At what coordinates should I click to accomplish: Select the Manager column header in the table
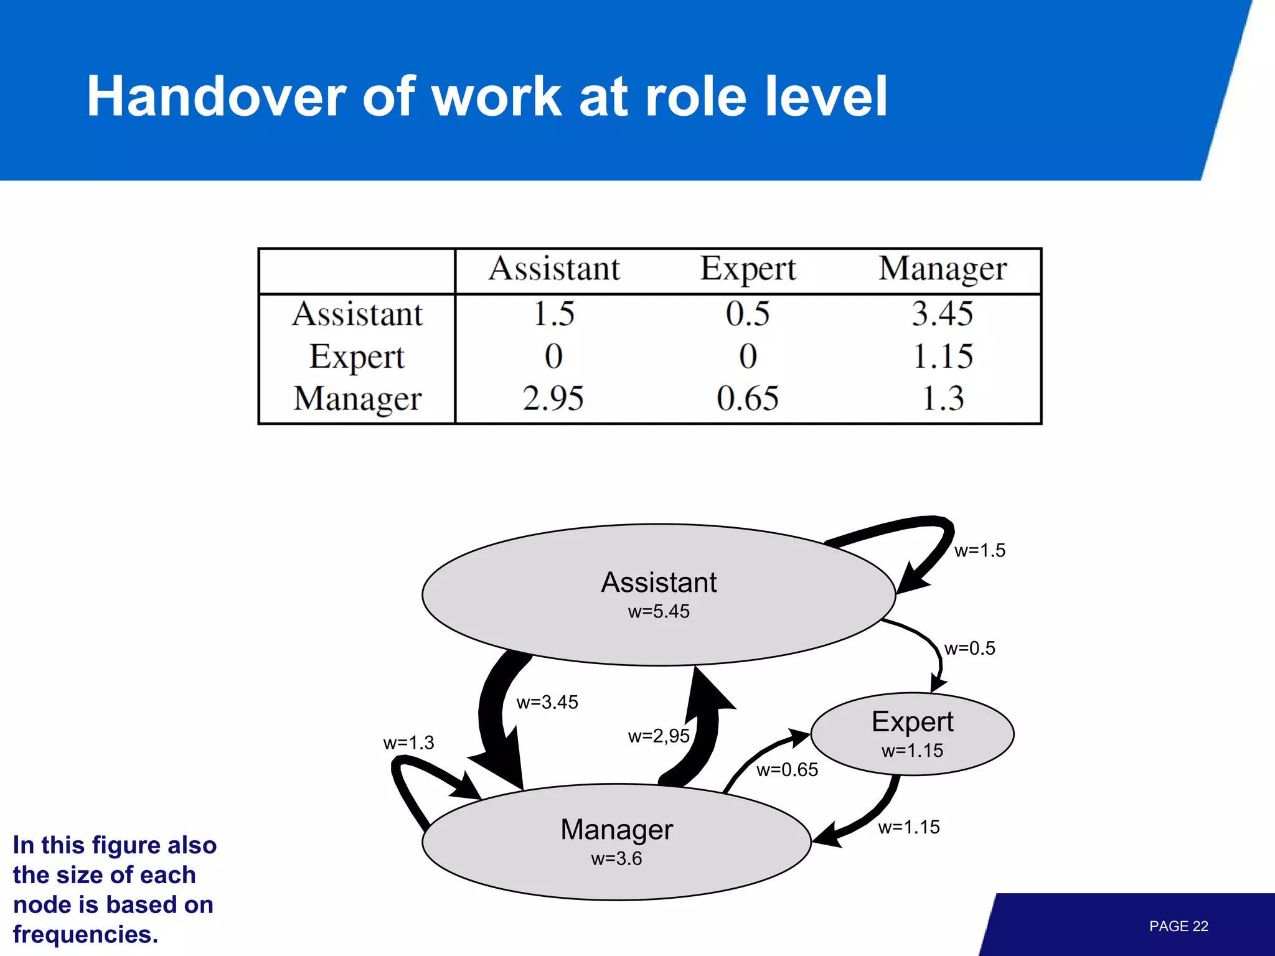pos(942,269)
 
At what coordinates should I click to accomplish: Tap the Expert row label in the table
pos(357,357)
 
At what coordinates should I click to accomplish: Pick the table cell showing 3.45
pos(942,313)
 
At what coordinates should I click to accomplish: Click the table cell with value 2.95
pos(553,398)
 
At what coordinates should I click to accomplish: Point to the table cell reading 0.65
pos(747,398)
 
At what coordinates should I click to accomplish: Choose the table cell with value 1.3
pos(943,398)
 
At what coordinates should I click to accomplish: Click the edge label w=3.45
pos(547,702)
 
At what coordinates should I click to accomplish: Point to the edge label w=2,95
pos(659,736)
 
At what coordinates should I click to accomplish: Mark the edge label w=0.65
pos(787,770)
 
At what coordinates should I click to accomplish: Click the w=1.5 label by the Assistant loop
pos(979,550)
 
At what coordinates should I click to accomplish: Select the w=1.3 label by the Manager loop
pos(408,743)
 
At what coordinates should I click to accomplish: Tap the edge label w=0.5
pos(969,649)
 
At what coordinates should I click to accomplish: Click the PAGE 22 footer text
pos(1178,926)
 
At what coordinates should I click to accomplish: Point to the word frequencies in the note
pos(85,935)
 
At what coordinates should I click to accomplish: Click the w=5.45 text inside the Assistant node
pos(659,611)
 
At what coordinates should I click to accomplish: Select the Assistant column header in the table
pos(554,269)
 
